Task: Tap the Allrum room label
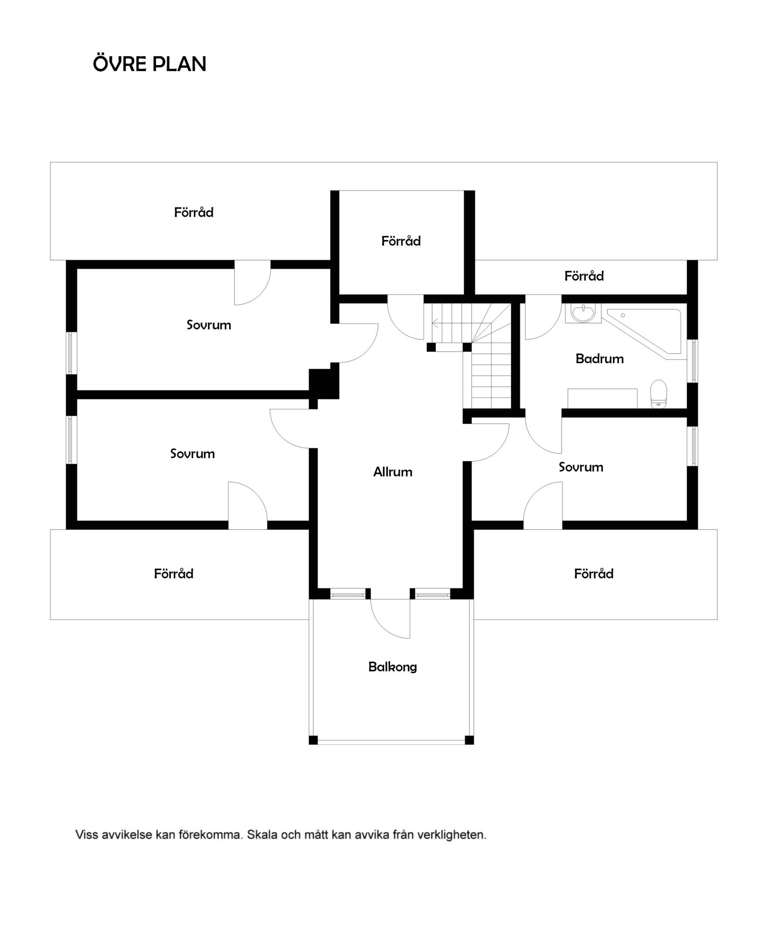[x=393, y=472]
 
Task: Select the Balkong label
[x=392, y=667]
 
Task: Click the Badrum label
[x=599, y=358]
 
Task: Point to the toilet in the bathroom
[x=658, y=394]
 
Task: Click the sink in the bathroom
[x=583, y=313]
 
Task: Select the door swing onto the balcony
[x=391, y=619]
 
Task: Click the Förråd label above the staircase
[x=401, y=241]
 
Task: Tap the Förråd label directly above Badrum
[x=584, y=276]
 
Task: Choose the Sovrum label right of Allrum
[x=581, y=467]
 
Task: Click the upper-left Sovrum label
[x=209, y=325]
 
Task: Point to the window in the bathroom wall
[x=694, y=361]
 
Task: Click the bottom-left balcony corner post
[x=313, y=740]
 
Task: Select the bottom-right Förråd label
[x=593, y=574]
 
